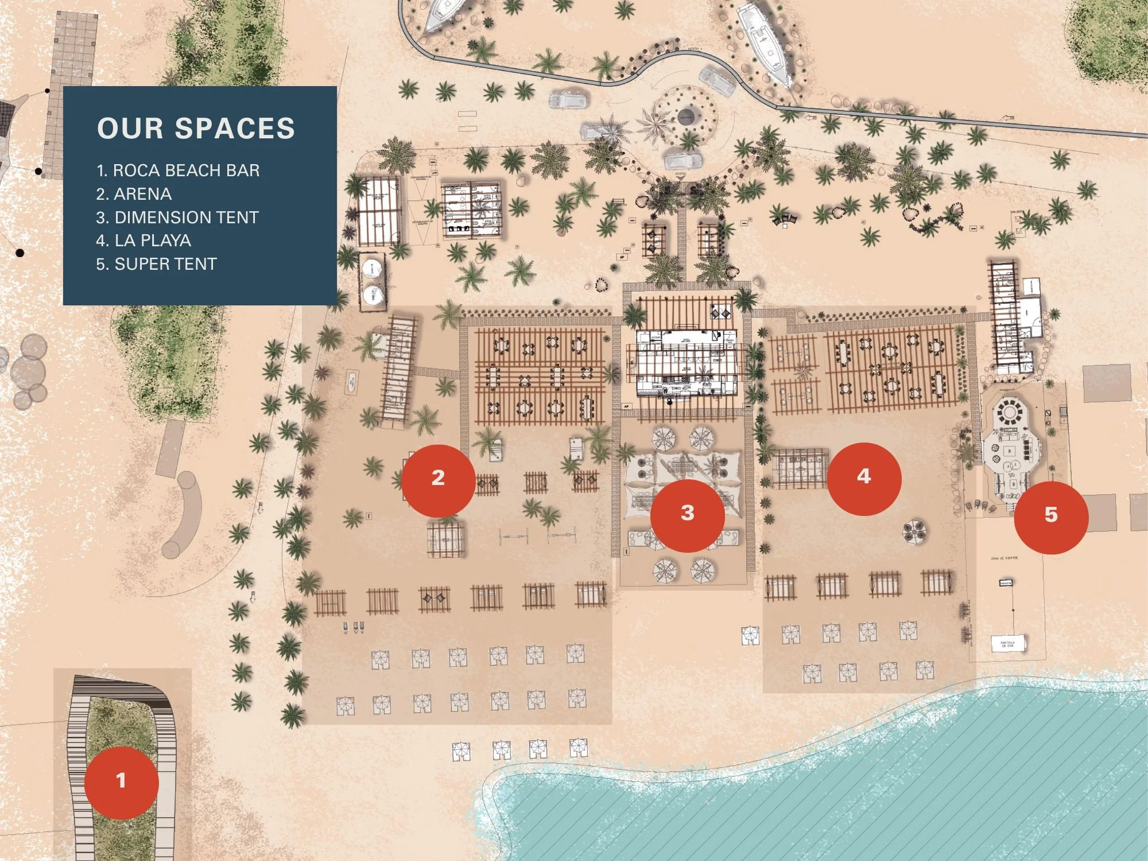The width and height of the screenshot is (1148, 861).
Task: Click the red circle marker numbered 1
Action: point(121,782)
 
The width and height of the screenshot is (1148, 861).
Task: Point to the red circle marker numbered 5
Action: point(1050,517)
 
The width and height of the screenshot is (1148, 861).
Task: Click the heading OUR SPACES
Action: point(196,129)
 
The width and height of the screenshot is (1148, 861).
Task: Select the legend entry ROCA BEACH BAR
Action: point(178,170)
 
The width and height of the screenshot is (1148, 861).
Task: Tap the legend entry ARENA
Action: point(134,194)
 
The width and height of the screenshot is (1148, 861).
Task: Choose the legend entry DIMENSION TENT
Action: point(177,218)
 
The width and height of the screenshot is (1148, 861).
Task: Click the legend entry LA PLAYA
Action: point(143,241)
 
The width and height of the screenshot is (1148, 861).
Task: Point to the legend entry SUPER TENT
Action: point(157,264)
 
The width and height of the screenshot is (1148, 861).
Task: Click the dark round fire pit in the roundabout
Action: point(686,117)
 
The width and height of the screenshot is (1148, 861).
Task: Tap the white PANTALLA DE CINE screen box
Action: point(1007,643)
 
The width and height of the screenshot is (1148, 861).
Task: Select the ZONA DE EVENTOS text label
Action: point(1004,558)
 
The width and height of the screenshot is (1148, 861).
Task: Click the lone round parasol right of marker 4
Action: point(913,531)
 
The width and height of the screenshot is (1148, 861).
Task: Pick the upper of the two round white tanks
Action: point(372,268)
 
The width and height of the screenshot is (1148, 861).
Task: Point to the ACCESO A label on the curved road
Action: point(695,50)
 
